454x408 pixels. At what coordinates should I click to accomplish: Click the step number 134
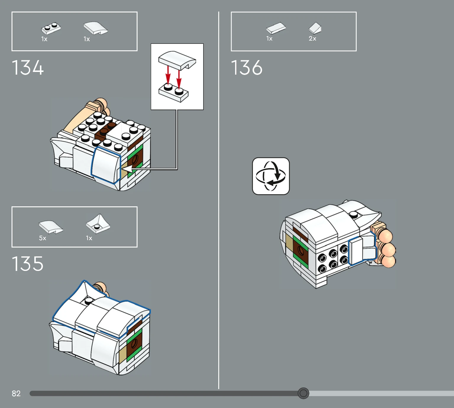28,68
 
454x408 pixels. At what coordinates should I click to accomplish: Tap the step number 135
28,264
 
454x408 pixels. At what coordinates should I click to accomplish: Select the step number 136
246,68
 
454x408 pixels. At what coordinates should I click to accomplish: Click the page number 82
16,393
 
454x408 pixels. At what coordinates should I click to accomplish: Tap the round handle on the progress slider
303,393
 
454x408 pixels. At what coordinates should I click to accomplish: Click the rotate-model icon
271,176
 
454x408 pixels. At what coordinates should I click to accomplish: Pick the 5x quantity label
43,238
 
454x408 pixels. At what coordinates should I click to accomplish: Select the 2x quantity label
312,38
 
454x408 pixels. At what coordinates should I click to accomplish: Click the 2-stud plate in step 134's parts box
51,28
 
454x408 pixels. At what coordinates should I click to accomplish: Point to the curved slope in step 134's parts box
96,28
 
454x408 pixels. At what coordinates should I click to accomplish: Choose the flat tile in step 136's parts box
276,28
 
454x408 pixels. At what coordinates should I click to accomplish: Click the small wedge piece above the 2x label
315,28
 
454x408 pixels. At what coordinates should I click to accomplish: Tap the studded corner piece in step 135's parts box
98,224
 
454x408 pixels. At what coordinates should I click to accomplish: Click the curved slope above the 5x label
51,227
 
